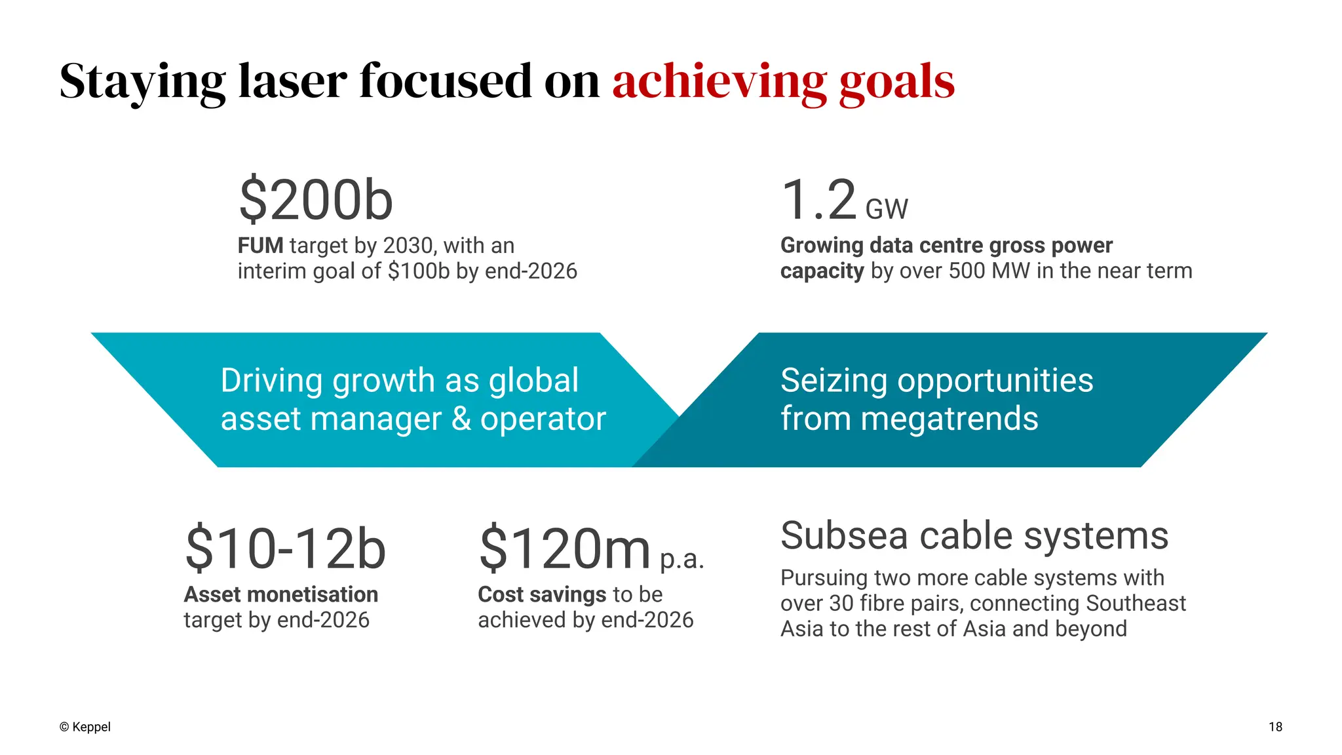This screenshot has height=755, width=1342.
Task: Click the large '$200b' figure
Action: [316, 200]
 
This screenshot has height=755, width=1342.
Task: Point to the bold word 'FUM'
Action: [260, 246]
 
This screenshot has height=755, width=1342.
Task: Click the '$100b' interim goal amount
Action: [418, 271]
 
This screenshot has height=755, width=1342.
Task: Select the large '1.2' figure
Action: [819, 200]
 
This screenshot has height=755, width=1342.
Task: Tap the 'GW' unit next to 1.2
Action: [887, 210]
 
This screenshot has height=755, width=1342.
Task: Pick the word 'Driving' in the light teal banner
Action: [272, 381]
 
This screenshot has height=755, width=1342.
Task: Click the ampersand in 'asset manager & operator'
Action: [461, 419]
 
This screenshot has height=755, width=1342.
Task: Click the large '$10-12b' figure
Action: [286, 549]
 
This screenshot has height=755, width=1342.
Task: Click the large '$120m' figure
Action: [565, 549]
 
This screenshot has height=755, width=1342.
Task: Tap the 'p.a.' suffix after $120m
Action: [681, 559]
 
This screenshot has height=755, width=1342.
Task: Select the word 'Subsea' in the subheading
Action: [843, 535]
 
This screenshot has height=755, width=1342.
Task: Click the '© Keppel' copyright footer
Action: [85, 727]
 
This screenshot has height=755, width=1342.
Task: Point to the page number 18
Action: [1275, 727]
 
